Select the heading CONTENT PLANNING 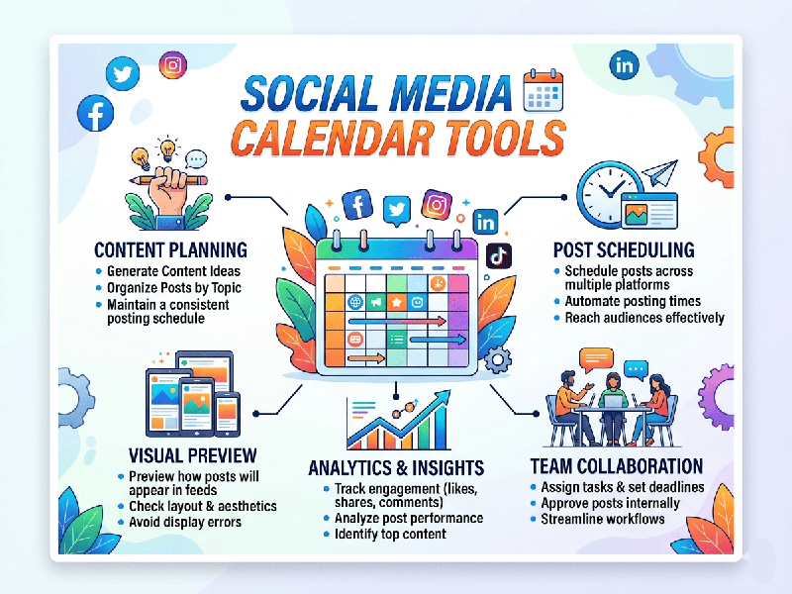pyautogui.click(x=170, y=249)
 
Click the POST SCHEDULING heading pyautogui.click(x=623, y=249)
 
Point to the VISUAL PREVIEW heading pyautogui.click(x=193, y=455)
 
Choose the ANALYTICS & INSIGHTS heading pyautogui.click(x=396, y=467)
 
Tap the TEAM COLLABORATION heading pyautogui.click(x=616, y=466)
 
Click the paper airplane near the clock pyautogui.click(x=658, y=175)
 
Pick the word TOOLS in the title pyautogui.click(x=498, y=139)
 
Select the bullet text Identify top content pyautogui.click(x=390, y=535)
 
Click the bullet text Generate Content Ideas pyautogui.click(x=173, y=271)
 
